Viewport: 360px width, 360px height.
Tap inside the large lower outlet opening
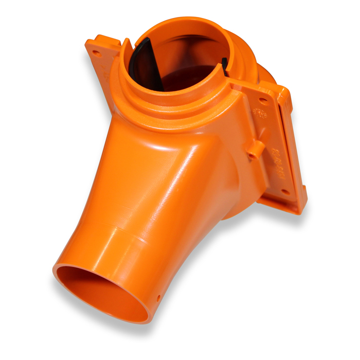point(103,293)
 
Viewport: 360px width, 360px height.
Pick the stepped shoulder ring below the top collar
point(170,116)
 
